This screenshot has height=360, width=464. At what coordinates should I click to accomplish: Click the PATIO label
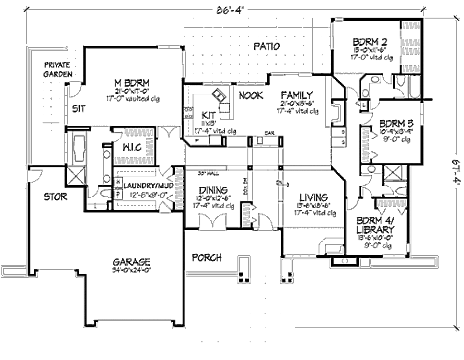coord(266,46)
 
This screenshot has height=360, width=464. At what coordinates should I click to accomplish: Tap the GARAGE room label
coord(131,262)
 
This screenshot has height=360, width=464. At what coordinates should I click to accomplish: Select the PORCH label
coord(207,258)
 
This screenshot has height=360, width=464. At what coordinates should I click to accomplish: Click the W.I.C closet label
coord(132,147)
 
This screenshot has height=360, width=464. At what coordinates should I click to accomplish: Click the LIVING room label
coord(313,197)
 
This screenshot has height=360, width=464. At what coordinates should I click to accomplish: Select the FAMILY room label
coord(297,95)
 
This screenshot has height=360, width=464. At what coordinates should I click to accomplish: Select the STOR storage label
coord(56,197)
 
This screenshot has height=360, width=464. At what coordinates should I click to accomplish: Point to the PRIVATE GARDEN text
coord(56,69)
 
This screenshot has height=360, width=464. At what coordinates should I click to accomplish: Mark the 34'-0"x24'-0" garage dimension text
coord(131,270)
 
